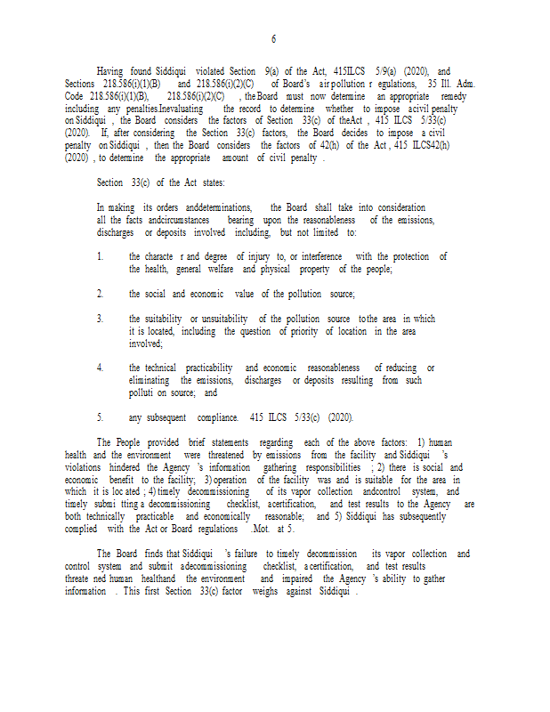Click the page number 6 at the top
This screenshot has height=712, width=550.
273,39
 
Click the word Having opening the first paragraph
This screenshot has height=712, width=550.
109,71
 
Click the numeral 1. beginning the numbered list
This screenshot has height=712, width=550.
101,256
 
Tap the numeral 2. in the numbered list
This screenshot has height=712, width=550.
101,294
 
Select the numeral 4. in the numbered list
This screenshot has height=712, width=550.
101,368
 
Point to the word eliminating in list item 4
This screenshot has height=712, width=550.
154,380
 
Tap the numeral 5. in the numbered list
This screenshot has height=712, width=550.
101,417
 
